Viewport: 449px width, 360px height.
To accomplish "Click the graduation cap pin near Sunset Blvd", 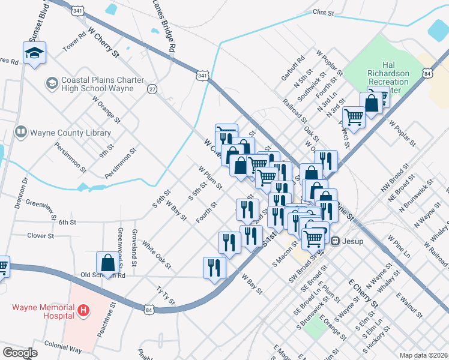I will point(35,53).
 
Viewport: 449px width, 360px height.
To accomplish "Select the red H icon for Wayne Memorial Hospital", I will point(84,311).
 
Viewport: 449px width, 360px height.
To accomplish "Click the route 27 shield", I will point(152,89).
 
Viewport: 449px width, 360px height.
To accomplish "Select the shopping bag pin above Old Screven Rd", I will point(107,263).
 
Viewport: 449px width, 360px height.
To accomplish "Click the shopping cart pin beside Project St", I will point(354,118).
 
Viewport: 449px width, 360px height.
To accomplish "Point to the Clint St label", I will point(322,12).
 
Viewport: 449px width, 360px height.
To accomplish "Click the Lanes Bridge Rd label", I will point(164,25).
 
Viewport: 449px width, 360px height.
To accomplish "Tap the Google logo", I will point(20,352).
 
